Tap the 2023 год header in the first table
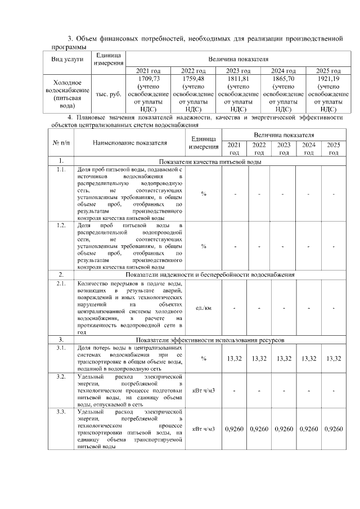238,71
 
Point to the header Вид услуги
67,58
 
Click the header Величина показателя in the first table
238,58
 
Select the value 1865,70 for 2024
283,79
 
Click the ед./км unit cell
203,308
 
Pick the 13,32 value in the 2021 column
234,359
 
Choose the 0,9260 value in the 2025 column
333,429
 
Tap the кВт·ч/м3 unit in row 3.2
203,390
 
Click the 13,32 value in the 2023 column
283,359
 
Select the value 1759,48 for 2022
193,79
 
